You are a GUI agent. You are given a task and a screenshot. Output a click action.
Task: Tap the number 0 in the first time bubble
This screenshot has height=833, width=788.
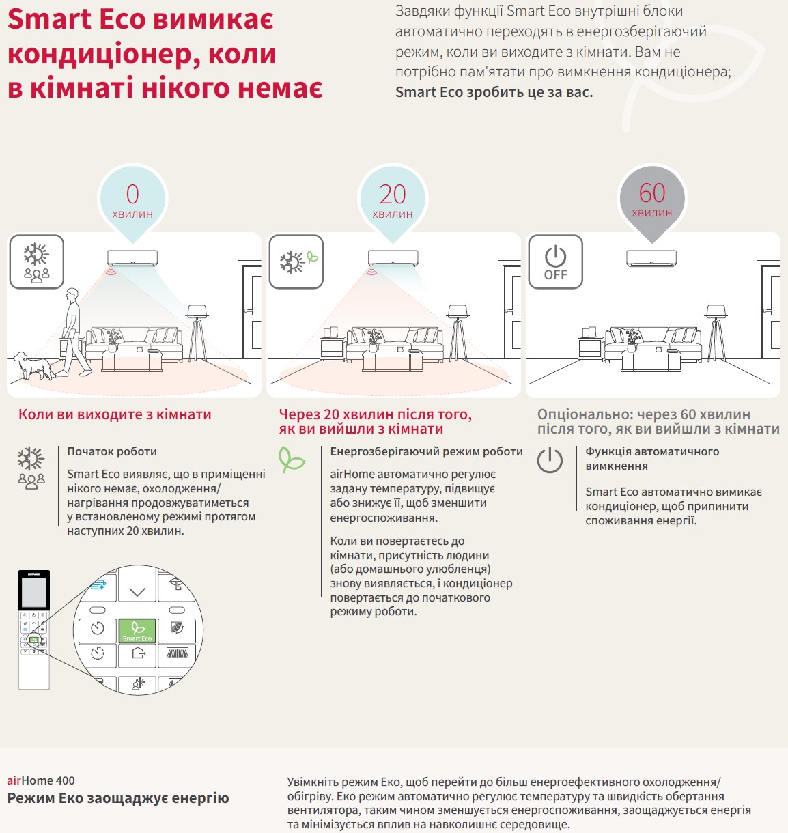click(132, 195)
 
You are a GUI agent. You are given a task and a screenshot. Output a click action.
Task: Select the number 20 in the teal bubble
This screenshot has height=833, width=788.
click(393, 195)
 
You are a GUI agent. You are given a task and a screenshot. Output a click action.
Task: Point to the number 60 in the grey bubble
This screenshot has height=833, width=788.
click(652, 193)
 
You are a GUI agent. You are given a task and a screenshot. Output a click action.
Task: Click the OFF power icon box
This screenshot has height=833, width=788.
click(555, 262)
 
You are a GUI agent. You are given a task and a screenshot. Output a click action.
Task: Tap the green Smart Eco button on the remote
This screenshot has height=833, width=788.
click(137, 630)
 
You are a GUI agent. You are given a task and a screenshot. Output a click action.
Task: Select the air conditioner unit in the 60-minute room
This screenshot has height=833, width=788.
click(651, 258)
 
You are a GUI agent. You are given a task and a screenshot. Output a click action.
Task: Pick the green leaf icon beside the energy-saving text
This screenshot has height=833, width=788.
click(292, 459)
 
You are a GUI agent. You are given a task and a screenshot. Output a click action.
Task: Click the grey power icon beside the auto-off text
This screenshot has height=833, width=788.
click(550, 460)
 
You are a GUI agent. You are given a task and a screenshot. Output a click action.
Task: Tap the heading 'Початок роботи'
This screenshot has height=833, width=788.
click(112, 451)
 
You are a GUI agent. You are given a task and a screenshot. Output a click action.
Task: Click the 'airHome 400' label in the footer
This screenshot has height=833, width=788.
click(41, 780)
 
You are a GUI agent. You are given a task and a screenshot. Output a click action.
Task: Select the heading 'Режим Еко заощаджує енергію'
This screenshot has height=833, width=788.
click(118, 798)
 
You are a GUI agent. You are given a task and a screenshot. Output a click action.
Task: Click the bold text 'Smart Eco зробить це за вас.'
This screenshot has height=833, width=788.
click(494, 92)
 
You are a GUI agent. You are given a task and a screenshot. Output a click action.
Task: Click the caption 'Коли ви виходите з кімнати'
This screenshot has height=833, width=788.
click(115, 414)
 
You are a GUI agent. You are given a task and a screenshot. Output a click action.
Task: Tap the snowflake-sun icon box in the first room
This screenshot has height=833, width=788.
click(37, 262)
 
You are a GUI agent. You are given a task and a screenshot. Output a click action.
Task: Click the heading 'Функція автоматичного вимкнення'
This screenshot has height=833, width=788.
click(652, 458)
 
